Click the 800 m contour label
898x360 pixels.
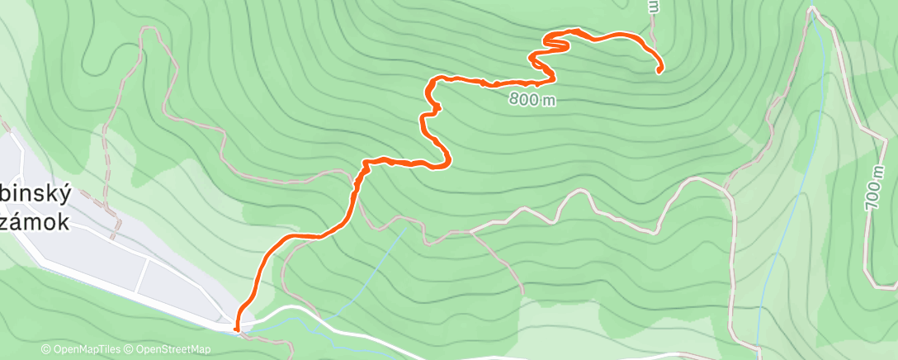[532, 100]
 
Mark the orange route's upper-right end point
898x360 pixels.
[659, 72]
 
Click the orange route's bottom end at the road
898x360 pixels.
[238, 329]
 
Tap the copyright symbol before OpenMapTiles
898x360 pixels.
[46, 349]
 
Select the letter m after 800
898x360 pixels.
[548, 100]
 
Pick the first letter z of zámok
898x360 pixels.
[7, 220]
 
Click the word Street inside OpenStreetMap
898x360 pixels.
[175, 349]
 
